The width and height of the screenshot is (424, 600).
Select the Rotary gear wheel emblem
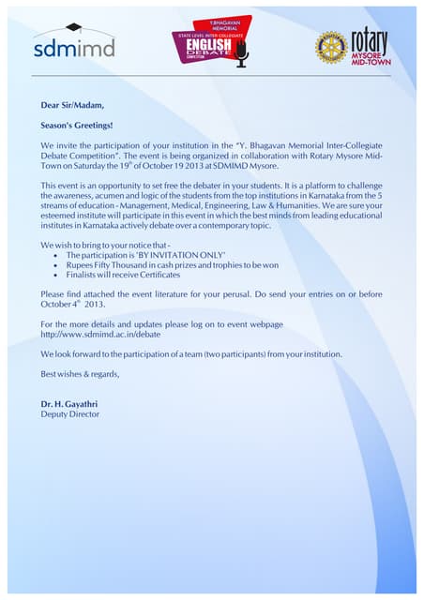330,46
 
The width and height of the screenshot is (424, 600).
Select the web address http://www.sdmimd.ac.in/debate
95,334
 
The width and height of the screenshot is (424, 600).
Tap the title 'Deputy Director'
69,413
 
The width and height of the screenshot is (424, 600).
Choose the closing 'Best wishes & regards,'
81,374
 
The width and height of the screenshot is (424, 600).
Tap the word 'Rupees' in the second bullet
82,265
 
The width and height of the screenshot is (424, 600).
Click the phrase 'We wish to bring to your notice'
103,245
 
